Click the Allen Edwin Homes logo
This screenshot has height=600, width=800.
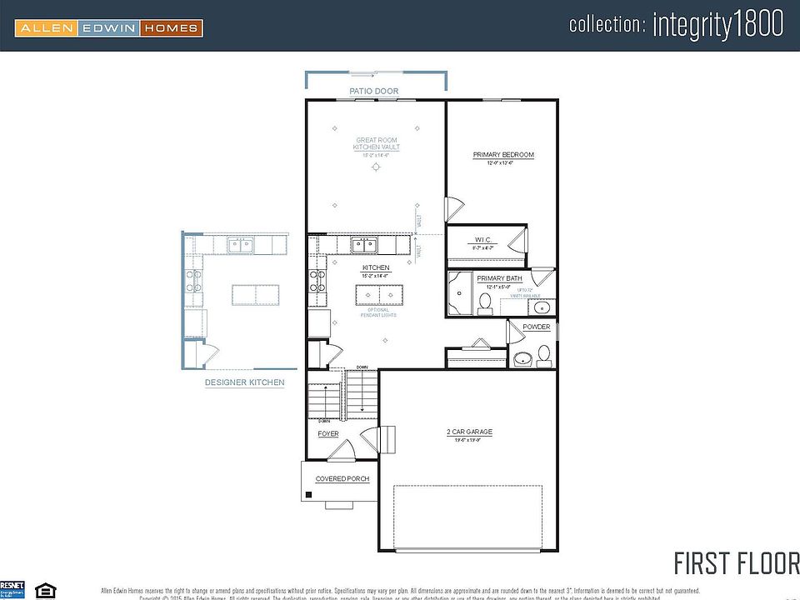coord(108,28)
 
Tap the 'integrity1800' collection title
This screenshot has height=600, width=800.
coord(676,24)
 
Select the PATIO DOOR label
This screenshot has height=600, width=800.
coord(373,91)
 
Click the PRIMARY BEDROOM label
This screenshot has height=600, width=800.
coord(503,155)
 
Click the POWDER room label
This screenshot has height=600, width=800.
coord(536,327)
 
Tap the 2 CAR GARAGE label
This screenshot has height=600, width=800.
coord(469,432)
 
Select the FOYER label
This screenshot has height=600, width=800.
coord(328,434)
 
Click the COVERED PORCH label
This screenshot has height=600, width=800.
coord(342,479)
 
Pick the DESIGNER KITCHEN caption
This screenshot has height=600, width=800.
coord(245,382)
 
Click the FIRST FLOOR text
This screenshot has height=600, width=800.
coord(735,562)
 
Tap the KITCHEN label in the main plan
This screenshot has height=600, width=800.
coord(376,267)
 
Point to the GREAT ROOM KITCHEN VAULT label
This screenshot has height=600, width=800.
coord(377,143)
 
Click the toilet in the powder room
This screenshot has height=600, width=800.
coord(543,357)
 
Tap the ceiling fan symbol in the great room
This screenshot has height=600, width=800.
coord(376,167)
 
